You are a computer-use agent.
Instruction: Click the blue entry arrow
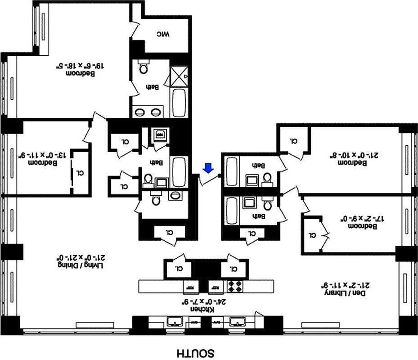click(208, 168)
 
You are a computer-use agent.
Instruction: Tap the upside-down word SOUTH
click(195, 352)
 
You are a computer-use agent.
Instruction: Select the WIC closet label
click(162, 34)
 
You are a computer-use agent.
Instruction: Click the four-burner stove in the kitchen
click(235, 286)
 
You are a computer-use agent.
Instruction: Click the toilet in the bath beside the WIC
click(144, 67)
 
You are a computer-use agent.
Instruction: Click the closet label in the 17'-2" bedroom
click(312, 234)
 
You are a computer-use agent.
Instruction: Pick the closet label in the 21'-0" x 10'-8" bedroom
click(294, 140)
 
